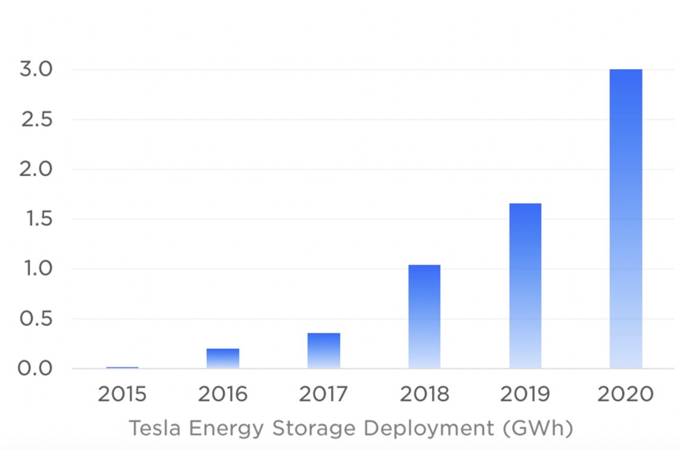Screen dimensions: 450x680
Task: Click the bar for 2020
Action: [x=625, y=219]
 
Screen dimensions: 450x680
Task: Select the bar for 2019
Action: [x=525, y=286]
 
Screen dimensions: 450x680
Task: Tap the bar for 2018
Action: [x=424, y=317]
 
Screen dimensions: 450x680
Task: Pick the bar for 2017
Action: [x=324, y=351]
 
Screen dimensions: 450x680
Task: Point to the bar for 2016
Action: [x=223, y=359]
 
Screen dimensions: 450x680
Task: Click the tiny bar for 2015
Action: [x=122, y=367]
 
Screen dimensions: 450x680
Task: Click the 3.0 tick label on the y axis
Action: [x=37, y=70]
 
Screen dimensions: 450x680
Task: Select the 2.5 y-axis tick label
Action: [x=37, y=119]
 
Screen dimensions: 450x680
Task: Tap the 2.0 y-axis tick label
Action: [x=37, y=169]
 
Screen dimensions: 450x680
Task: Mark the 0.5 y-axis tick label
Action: [x=37, y=320]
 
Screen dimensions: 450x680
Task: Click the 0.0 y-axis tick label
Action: [x=37, y=369]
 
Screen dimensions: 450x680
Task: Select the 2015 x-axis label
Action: [x=122, y=394]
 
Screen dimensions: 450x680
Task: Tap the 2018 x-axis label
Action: [x=424, y=394]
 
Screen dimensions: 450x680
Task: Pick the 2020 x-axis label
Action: [x=625, y=394]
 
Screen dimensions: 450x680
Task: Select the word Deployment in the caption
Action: [x=429, y=430]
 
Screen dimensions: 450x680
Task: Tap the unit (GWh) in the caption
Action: [x=537, y=429]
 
